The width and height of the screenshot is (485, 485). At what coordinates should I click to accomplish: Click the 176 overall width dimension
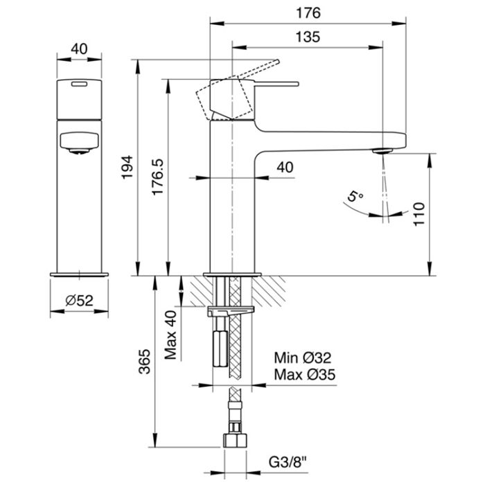[x=308, y=13]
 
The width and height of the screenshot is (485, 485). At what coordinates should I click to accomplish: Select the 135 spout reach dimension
[x=308, y=37]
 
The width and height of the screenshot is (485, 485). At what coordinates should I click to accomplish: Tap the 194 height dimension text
[x=127, y=168]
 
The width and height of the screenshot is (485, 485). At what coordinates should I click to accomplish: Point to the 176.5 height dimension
[x=158, y=177]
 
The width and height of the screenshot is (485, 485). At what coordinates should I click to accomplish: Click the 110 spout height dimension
[x=419, y=214]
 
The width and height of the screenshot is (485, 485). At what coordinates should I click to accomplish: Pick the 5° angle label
[x=355, y=196]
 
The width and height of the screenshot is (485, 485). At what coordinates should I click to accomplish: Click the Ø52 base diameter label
[x=79, y=300]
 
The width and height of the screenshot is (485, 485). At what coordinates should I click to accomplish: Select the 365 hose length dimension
[x=144, y=361]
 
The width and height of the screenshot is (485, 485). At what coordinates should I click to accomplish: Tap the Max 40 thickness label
[x=170, y=335]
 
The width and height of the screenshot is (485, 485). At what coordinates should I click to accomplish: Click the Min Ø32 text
[x=303, y=358]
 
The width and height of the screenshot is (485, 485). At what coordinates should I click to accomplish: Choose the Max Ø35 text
[x=305, y=375]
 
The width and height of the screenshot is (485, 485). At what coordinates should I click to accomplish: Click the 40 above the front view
[x=79, y=49]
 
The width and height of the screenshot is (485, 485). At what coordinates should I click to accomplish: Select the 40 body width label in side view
[x=285, y=168]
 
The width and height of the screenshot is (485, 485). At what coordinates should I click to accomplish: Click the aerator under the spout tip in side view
[x=382, y=151]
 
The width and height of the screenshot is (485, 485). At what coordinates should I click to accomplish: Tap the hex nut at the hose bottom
[x=235, y=441]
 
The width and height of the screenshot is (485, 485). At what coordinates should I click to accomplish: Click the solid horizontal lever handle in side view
[x=276, y=84]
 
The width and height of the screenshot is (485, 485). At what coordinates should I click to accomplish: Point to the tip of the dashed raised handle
[x=277, y=61]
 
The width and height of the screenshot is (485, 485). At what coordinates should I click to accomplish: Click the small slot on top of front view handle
[x=79, y=84]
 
